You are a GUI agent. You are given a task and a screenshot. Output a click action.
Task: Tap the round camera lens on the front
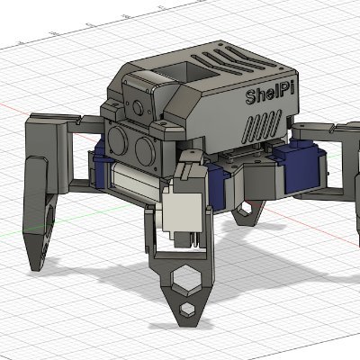click(x=138, y=108)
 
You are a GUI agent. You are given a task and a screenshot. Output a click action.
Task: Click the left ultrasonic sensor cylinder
click(x=119, y=140)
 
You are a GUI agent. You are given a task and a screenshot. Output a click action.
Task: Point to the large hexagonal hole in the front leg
click(x=186, y=278)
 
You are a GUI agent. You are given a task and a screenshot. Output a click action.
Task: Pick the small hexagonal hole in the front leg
click(x=186, y=309)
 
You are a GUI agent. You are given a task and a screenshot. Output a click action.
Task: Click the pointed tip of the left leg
click(x=36, y=268)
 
